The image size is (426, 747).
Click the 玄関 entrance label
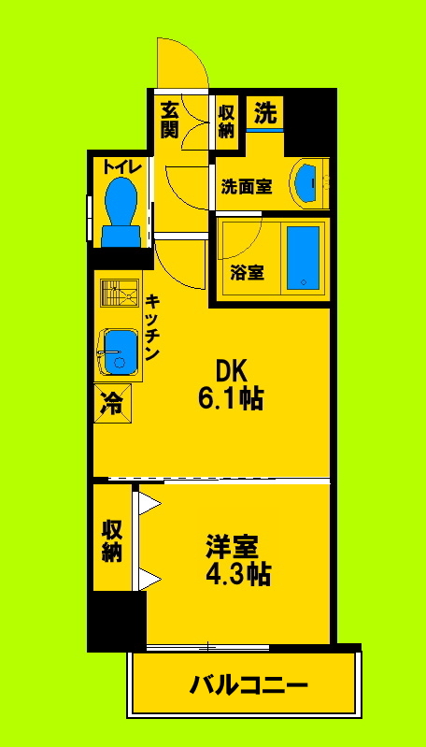pyautogui.click(x=169, y=119)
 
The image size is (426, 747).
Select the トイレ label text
pyautogui.click(x=121, y=167)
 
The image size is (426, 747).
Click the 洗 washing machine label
pyautogui.click(x=265, y=114)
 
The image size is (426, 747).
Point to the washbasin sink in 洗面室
pyautogui.click(x=306, y=181)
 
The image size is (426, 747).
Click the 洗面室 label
pyautogui.click(x=246, y=186)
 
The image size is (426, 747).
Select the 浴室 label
pyautogui.click(x=247, y=273)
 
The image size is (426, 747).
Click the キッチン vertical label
pyautogui.click(x=153, y=328)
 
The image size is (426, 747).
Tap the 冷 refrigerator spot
pyautogui.click(x=111, y=404)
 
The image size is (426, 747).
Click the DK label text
pyautogui.click(x=231, y=371)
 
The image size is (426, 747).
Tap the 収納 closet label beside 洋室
pyautogui.click(x=112, y=539)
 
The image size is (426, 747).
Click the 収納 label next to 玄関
pyautogui.click(x=226, y=119)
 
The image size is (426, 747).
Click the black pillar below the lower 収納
pyautogui.click(x=117, y=620)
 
